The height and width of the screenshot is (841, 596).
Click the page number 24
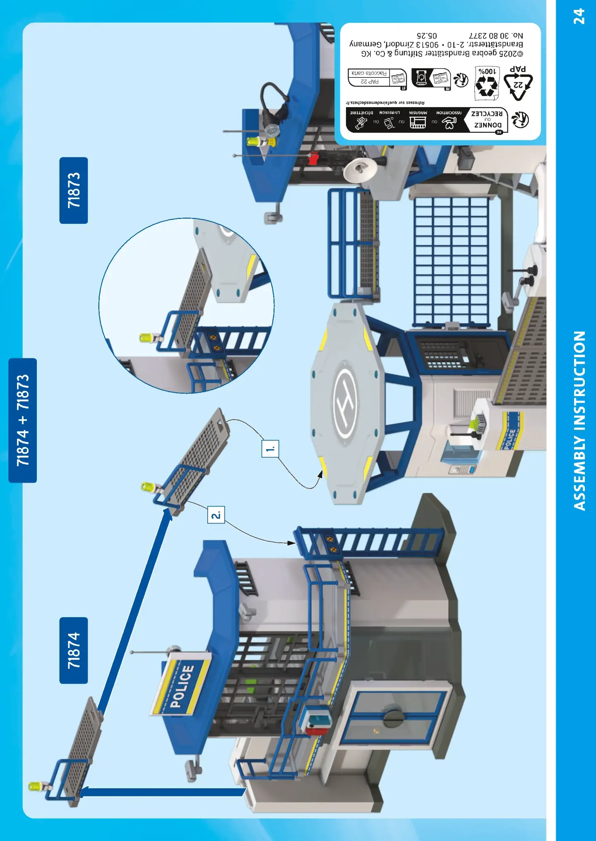coord(579,17)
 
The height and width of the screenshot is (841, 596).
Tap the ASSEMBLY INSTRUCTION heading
coord(579,420)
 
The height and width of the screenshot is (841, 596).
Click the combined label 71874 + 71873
coord(23,420)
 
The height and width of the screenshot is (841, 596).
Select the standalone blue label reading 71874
coord(74,650)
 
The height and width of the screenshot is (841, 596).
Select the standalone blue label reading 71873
coord(74,190)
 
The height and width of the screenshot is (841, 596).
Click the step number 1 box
coord(270,449)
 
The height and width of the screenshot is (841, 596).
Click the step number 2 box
coord(216,515)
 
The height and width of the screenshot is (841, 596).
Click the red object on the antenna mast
coord(313,158)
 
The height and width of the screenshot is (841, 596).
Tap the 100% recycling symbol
coord(487,83)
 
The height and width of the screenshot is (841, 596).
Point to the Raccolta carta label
coord(369,73)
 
